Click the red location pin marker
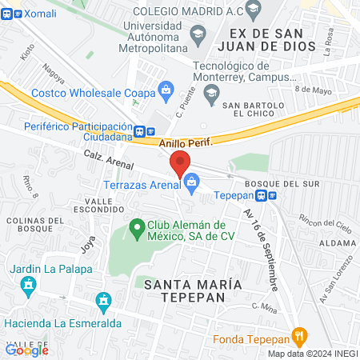(180, 162)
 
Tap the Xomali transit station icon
(8, 15)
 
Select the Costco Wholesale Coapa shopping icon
(166, 89)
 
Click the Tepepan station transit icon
(272, 194)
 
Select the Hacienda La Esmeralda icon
(102, 302)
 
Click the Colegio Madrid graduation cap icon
(254, 10)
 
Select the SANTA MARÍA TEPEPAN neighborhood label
(188, 290)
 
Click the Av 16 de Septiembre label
(262, 243)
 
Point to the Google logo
(26, 349)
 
